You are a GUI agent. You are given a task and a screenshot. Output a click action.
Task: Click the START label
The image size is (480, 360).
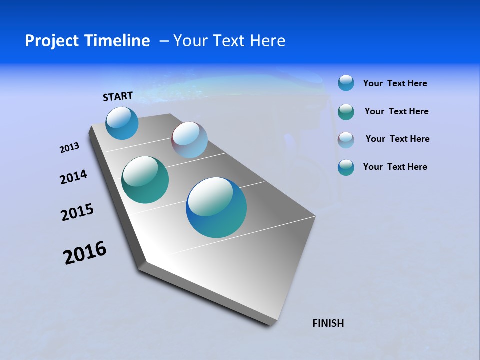click(x=118, y=96)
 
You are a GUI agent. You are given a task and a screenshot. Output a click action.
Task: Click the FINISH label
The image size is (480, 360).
click(x=328, y=323)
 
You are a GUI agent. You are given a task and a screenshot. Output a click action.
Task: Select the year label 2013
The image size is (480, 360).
click(x=69, y=148)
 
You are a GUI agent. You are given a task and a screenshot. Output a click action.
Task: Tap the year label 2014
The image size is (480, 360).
click(x=73, y=177)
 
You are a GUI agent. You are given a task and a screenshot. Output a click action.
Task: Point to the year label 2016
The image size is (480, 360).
click(x=85, y=253)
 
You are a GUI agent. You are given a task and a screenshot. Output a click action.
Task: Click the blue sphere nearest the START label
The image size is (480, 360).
click(x=122, y=123)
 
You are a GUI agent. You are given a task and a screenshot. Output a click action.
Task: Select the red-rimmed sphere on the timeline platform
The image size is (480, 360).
click(x=189, y=140)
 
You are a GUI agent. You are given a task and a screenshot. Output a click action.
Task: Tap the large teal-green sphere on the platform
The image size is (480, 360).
click(x=145, y=180)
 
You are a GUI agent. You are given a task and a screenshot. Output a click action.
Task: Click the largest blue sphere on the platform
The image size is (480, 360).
click(x=216, y=207)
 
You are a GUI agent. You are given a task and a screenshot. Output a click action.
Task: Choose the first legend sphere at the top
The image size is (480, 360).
click(x=346, y=83)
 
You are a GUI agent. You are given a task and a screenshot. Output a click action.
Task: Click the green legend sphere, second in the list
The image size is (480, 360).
click(x=346, y=112)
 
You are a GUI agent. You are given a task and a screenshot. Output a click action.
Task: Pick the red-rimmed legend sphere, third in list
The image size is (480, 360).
click(x=346, y=140)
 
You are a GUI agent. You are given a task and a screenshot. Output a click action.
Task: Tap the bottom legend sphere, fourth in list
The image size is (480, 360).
click(x=346, y=167)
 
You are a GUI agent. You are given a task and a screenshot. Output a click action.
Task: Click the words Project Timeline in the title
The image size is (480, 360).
click(x=87, y=41)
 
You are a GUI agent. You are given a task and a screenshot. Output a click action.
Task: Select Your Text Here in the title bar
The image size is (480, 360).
click(x=229, y=41)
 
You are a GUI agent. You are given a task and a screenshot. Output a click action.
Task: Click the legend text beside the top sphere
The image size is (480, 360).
click(x=395, y=84)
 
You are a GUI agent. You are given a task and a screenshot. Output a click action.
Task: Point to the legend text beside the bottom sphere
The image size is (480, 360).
click(x=395, y=167)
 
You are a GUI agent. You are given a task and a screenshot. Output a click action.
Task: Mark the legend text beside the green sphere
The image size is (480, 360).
click(x=396, y=111)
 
